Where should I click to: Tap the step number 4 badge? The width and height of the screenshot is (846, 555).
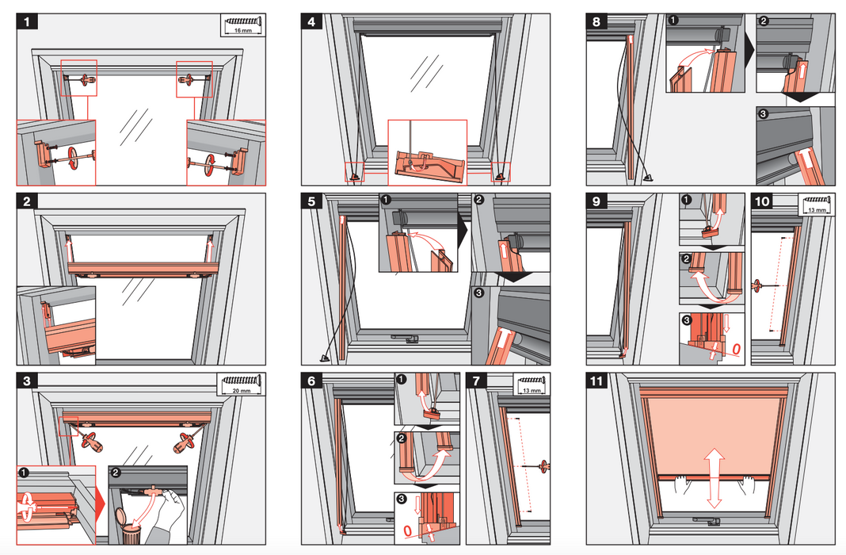pos(311,22)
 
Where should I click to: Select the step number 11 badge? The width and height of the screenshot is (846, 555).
pos(596,380)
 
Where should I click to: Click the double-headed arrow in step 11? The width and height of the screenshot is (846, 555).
pos(714,477)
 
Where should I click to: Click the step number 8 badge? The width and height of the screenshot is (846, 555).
pos(596,22)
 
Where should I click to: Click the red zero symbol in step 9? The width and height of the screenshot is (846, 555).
pos(734,350)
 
